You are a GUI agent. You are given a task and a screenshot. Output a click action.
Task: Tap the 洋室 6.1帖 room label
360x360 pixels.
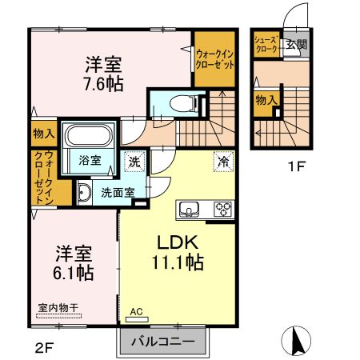[74, 263]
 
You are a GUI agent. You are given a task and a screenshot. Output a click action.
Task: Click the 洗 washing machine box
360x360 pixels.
[135, 159]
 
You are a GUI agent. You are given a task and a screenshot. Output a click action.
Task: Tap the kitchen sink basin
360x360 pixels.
[190, 210]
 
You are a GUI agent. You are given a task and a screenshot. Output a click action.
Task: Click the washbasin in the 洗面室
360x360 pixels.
[84, 192]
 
